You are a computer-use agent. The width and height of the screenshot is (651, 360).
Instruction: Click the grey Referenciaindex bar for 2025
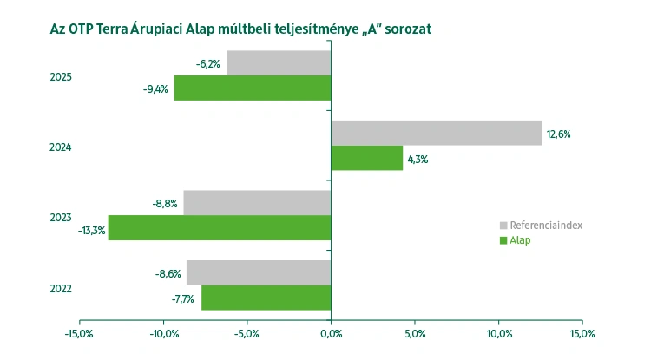(x=279, y=62)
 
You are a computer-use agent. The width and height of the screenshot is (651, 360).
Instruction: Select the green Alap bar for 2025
(x=253, y=88)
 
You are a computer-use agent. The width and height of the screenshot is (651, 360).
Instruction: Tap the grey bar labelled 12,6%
(x=437, y=133)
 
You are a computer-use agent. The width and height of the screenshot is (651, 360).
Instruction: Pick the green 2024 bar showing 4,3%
(x=367, y=158)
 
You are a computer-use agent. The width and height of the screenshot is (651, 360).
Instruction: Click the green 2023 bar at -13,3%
(x=220, y=228)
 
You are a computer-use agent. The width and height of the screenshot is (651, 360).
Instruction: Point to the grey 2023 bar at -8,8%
(x=257, y=203)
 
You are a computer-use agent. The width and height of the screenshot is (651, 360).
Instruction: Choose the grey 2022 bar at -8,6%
(x=259, y=272)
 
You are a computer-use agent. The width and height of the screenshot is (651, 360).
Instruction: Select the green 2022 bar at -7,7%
(x=266, y=298)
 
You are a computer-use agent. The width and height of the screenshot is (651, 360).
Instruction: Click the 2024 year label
(x=61, y=147)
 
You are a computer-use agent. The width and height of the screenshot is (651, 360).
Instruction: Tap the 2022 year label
(x=61, y=288)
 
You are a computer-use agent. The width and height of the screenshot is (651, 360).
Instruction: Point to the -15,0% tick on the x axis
(x=80, y=333)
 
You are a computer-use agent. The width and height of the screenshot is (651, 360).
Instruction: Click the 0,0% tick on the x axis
(x=331, y=333)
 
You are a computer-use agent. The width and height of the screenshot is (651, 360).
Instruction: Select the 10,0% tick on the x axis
(x=499, y=333)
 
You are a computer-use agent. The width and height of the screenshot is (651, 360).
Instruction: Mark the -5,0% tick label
(x=247, y=333)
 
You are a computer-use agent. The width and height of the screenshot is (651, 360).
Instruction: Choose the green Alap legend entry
(x=519, y=240)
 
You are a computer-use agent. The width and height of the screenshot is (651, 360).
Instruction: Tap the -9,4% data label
(x=155, y=88)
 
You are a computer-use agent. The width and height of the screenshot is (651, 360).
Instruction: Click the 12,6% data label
(x=558, y=134)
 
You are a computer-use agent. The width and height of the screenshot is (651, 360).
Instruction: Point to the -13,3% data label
(x=91, y=230)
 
